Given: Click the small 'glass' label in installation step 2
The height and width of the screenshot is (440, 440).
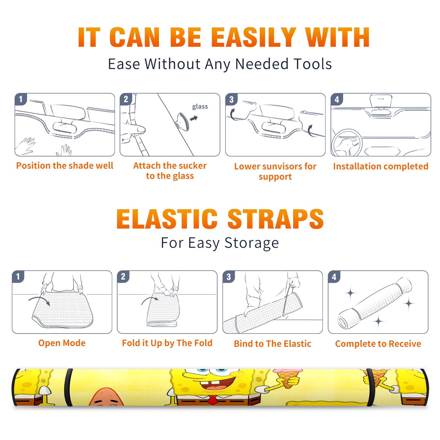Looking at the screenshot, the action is tap(200, 107).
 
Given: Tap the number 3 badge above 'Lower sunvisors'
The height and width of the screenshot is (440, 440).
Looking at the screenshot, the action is tap(231, 99).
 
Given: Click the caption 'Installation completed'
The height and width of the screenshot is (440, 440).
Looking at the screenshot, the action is tap(381, 166).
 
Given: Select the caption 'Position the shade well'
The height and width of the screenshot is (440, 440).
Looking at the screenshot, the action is tap(65, 166).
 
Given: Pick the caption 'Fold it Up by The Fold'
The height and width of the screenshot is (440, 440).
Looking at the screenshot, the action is tap(167, 343).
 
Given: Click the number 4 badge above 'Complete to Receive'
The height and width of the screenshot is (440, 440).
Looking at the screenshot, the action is tap(334, 277).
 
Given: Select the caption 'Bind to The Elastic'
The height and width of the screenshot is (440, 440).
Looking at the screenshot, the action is tap(273, 344).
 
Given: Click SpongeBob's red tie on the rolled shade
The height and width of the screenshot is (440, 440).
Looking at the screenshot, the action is tap(213, 400).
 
